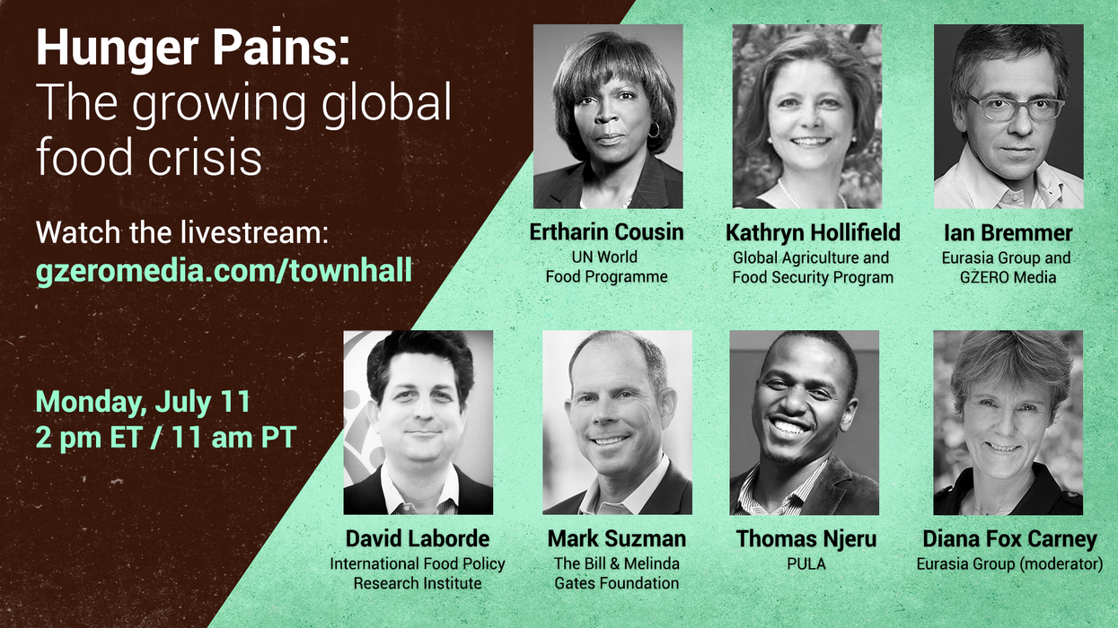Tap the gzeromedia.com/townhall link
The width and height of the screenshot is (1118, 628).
[224, 272]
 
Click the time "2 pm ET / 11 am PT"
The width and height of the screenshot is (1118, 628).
[166, 439]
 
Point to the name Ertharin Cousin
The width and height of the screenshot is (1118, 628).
[606, 232]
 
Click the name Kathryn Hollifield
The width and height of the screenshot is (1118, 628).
[813, 232]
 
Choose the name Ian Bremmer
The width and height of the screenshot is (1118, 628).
[1008, 232]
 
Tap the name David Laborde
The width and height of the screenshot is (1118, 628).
[418, 538]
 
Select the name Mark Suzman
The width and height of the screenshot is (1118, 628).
[617, 538]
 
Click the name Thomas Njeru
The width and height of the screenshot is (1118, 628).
[806, 538]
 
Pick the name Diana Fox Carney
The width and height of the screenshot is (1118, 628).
[1009, 538]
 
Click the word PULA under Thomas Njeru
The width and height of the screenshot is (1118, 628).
[805, 564]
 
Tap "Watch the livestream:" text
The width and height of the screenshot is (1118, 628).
[182, 234]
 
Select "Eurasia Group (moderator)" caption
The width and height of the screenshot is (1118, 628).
[1009, 564]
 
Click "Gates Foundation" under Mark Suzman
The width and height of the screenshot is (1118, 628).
[617, 583]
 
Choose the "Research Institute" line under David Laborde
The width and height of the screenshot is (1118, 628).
[417, 583]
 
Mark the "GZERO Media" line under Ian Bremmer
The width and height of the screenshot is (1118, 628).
[1008, 277]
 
